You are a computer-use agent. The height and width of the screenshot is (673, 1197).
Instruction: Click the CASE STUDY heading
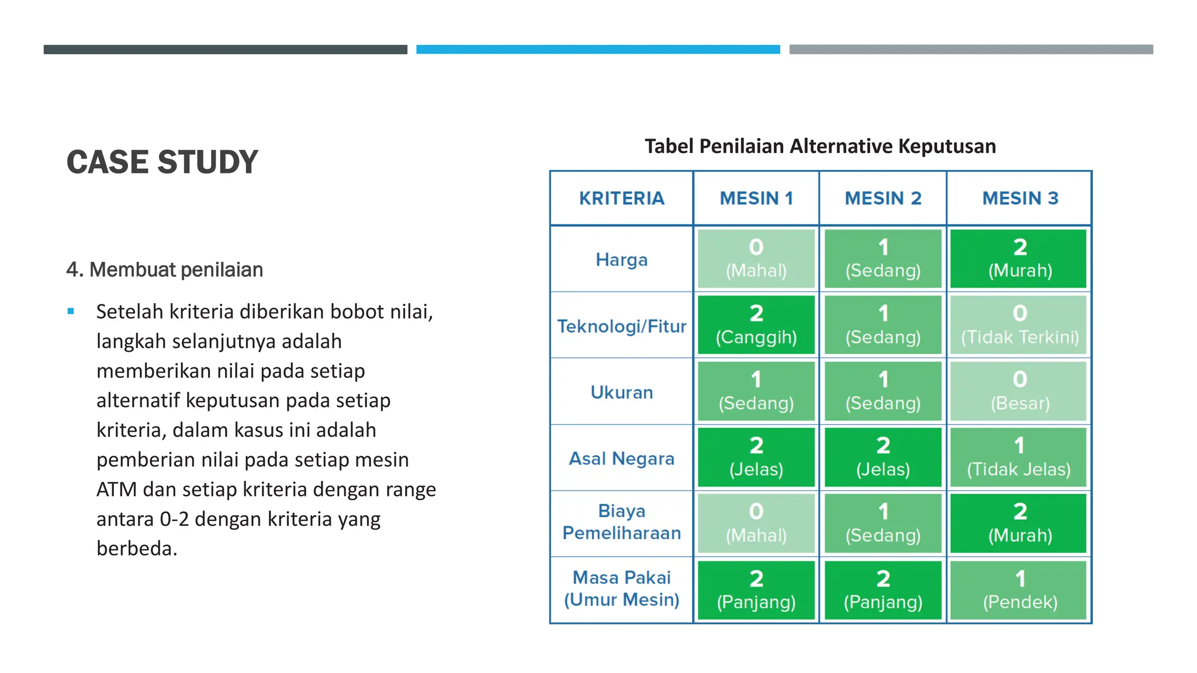[x=162, y=162]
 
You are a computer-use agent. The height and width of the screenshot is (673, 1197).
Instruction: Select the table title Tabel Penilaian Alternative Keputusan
[x=820, y=146]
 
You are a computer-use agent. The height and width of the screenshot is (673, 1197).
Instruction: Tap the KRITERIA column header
[x=621, y=199]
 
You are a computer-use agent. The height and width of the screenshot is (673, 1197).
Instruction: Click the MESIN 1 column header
[x=756, y=199]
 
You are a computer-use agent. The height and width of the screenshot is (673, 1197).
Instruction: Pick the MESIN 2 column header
[x=883, y=199]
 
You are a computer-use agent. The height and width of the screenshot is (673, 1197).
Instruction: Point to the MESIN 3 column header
[x=1020, y=199]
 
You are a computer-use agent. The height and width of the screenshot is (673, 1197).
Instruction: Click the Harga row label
[x=621, y=259]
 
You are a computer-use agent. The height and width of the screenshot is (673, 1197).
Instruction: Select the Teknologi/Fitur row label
[x=621, y=326]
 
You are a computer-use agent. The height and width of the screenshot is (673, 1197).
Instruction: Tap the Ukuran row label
[x=621, y=392]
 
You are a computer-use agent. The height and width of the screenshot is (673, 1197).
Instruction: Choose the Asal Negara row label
[x=621, y=459]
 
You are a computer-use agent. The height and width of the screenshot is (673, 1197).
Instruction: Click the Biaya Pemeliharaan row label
[x=621, y=522]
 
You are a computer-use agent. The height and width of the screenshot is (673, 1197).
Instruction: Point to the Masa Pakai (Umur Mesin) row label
[x=621, y=589]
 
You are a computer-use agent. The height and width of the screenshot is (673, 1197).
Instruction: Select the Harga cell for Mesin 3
[x=1020, y=259]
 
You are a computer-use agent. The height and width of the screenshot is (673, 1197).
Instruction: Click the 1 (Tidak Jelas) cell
[x=1019, y=457]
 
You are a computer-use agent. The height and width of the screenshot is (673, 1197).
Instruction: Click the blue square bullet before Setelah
[x=71, y=311]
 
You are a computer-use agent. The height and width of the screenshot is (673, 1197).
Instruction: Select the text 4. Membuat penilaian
[x=165, y=270]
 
